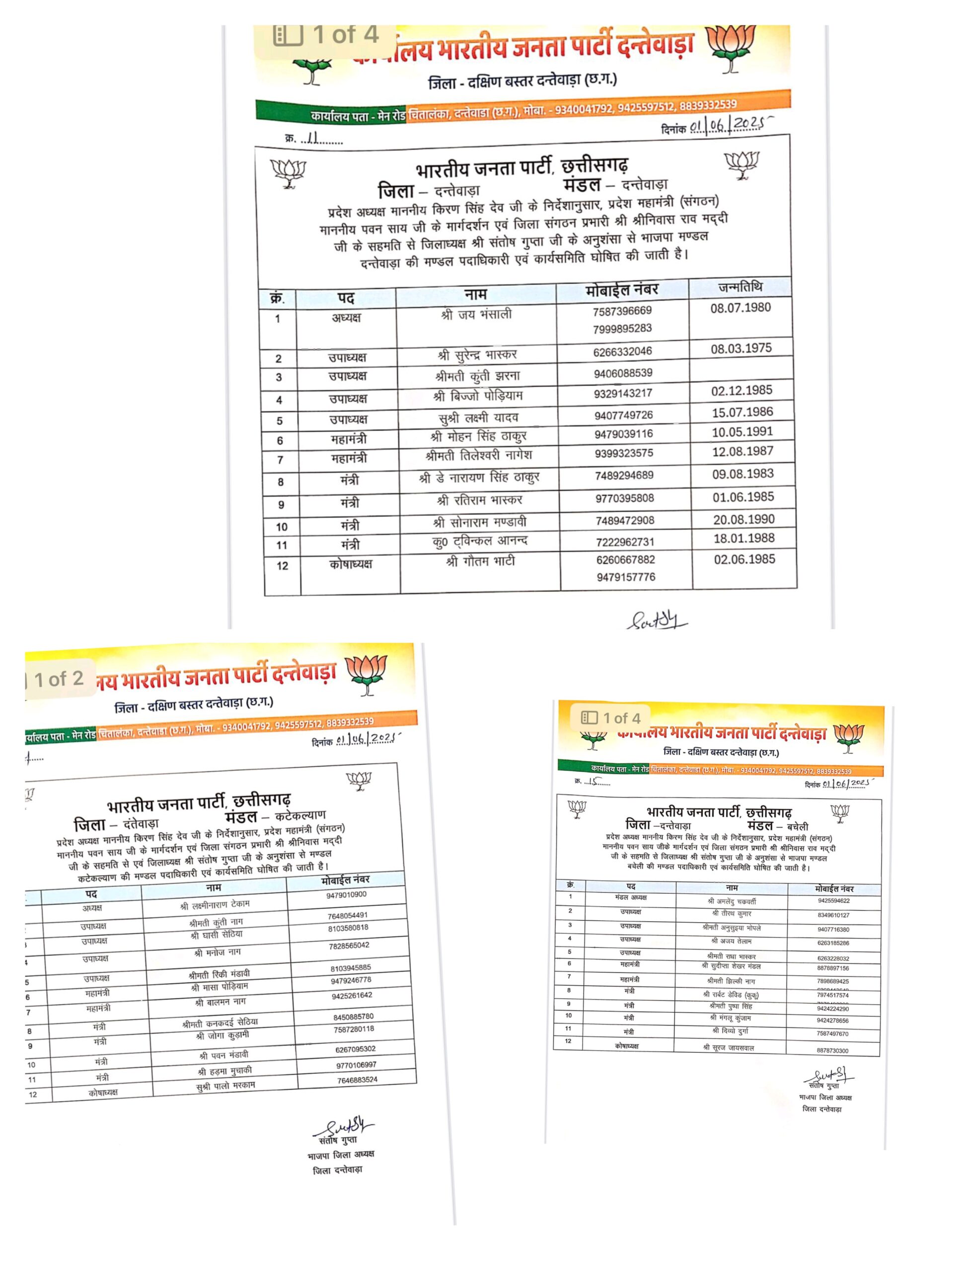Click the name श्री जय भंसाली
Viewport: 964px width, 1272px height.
pyautogui.click(x=476, y=315)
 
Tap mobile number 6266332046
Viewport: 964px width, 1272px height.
pyautogui.click(x=622, y=351)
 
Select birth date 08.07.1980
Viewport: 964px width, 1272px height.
pyautogui.click(x=741, y=308)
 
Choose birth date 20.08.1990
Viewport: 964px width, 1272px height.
pyautogui.click(x=744, y=519)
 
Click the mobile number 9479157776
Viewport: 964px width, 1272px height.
pyautogui.click(x=625, y=577)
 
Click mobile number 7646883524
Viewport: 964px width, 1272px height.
pyautogui.click(x=357, y=1080)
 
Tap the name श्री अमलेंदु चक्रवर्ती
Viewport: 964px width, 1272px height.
pyautogui.click(x=731, y=901)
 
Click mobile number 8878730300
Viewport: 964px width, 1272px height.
pyautogui.click(x=832, y=1050)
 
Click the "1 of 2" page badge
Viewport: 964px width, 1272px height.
pyautogui.click(x=58, y=679)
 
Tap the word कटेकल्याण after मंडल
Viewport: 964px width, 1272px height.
pyautogui.click(x=300, y=815)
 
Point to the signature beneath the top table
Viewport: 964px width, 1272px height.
pyautogui.click(x=657, y=621)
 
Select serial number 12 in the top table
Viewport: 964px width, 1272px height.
pyautogui.click(x=282, y=566)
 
